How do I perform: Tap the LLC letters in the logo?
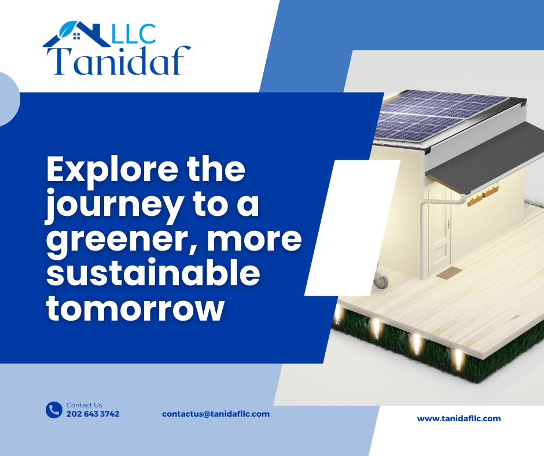(x=134, y=34)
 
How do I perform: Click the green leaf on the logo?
(x=69, y=29)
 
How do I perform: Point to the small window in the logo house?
(x=77, y=36)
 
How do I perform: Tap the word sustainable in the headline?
(x=153, y=273)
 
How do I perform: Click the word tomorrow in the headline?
(x=135, y=308)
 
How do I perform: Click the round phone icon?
(x=54, y=410)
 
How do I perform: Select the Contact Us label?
(x=84, y=405)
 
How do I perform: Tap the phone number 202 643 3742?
(x=93, y=414)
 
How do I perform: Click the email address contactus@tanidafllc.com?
(x=216, y=414)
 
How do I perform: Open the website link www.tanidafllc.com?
(x=459, y=418)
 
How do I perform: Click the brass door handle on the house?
(x=450, y=224)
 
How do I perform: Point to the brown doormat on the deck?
(x=449, y=274)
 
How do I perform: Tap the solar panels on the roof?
(x=440, y=115)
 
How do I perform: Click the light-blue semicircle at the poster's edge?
(x=9, y=100)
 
